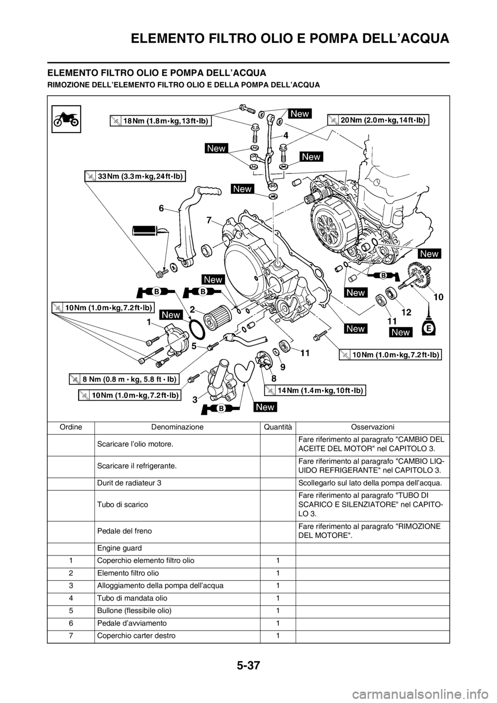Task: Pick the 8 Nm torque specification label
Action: (x=124, y=379)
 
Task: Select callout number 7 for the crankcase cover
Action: (x=209, y=220)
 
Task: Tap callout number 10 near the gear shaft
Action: (x=438, y=297)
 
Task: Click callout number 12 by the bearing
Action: (x=405, y=312)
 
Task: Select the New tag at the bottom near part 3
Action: (x=265, y=407)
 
